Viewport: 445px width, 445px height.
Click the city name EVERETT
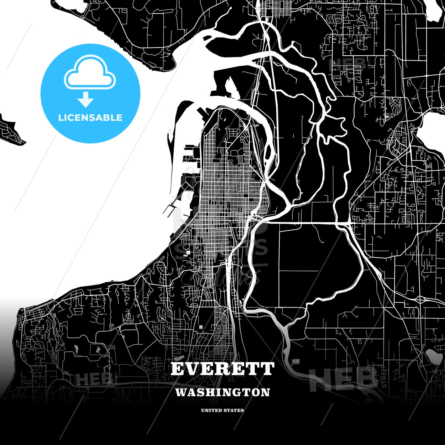point(222,369)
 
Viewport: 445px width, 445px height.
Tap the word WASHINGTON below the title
point(222,392)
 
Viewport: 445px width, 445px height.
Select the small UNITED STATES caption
point(222,410)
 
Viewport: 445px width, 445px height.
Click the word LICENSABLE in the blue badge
point(90,118)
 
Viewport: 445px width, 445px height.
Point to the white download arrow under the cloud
point(86,100)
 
